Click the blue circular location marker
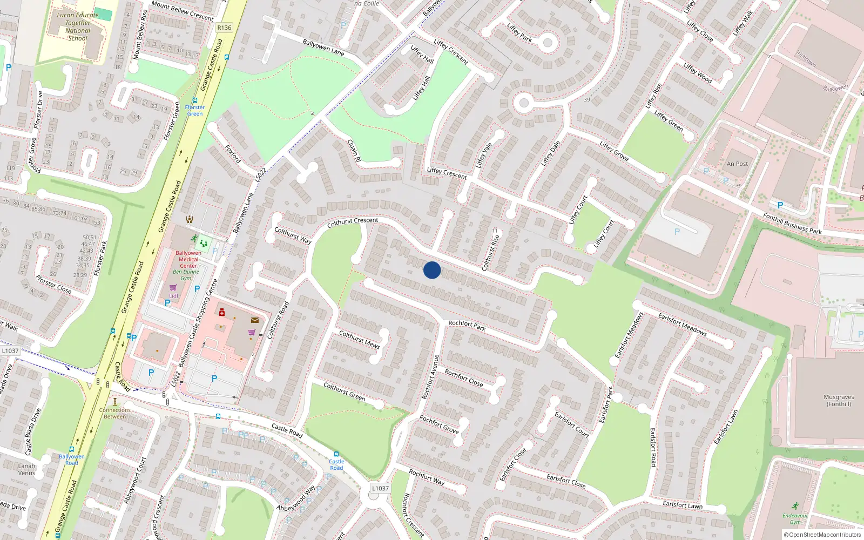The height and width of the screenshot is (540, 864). click(x=432, y=270)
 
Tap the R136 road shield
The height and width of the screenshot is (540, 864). click(x=224, y=28)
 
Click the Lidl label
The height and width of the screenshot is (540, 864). click(x=173, y=296)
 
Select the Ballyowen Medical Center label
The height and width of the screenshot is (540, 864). click(x=188, y=259)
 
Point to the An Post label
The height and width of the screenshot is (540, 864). click(x=737, y=164)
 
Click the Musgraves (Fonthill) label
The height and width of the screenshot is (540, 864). click(x=838, y=400)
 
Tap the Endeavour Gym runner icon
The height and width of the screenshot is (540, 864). click(x=795, y=506)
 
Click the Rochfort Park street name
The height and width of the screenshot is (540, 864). click(x=467, y=325)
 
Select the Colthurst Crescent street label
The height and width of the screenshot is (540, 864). click(x=353, y=221)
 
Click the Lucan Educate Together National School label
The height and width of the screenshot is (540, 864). click(x=78, y=27)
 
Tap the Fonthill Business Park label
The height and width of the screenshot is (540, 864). click(x=792, y=224)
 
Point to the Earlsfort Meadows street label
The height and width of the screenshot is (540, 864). click(x=683, y=325)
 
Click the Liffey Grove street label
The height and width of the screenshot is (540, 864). click(x=614, y=151)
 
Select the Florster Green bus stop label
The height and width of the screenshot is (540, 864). click(x=195, y=111)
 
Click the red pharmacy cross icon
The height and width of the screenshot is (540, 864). click(x=221, y=312)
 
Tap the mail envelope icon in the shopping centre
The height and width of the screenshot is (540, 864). click(x=254, y=320)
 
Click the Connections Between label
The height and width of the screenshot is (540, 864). click(x=114, y=413)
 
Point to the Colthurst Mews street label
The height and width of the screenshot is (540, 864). click(x=359, y=340)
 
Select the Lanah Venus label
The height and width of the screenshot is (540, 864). click(x=26, y=469)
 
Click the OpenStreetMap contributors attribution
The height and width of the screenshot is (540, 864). click(x=822, y=535)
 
